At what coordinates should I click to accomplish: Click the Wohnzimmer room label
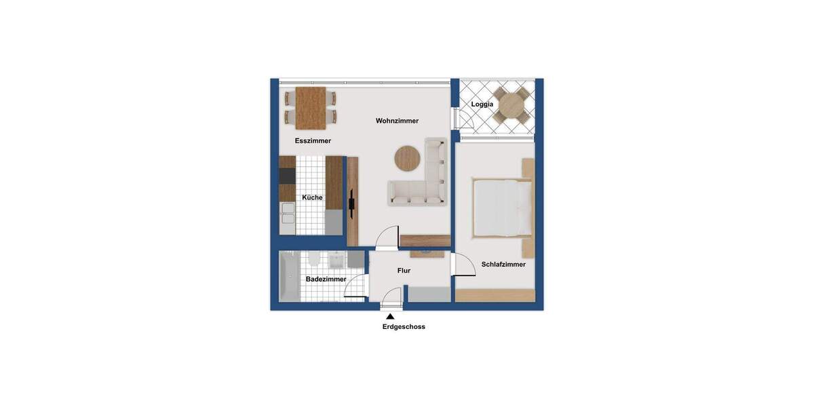[397, 121]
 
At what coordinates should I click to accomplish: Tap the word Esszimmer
[313, 141]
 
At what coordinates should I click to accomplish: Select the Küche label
[312, 197]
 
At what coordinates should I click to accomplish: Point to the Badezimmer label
[326, 279]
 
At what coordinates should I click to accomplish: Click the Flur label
[404, 271]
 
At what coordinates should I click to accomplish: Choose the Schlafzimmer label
[503, 265]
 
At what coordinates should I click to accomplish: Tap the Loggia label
[482, 104]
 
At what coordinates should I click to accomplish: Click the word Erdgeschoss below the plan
[404, 326]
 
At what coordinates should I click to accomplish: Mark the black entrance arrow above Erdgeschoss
[390, 315]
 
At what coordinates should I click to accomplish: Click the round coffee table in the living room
[408, 158]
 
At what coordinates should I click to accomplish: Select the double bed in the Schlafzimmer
[502, 206]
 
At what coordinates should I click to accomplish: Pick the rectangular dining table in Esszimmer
[311, 108]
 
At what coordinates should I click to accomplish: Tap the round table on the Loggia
[511, 105]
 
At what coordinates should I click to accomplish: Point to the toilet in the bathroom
[314, 260]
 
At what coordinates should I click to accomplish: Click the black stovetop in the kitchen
[288, 176]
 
